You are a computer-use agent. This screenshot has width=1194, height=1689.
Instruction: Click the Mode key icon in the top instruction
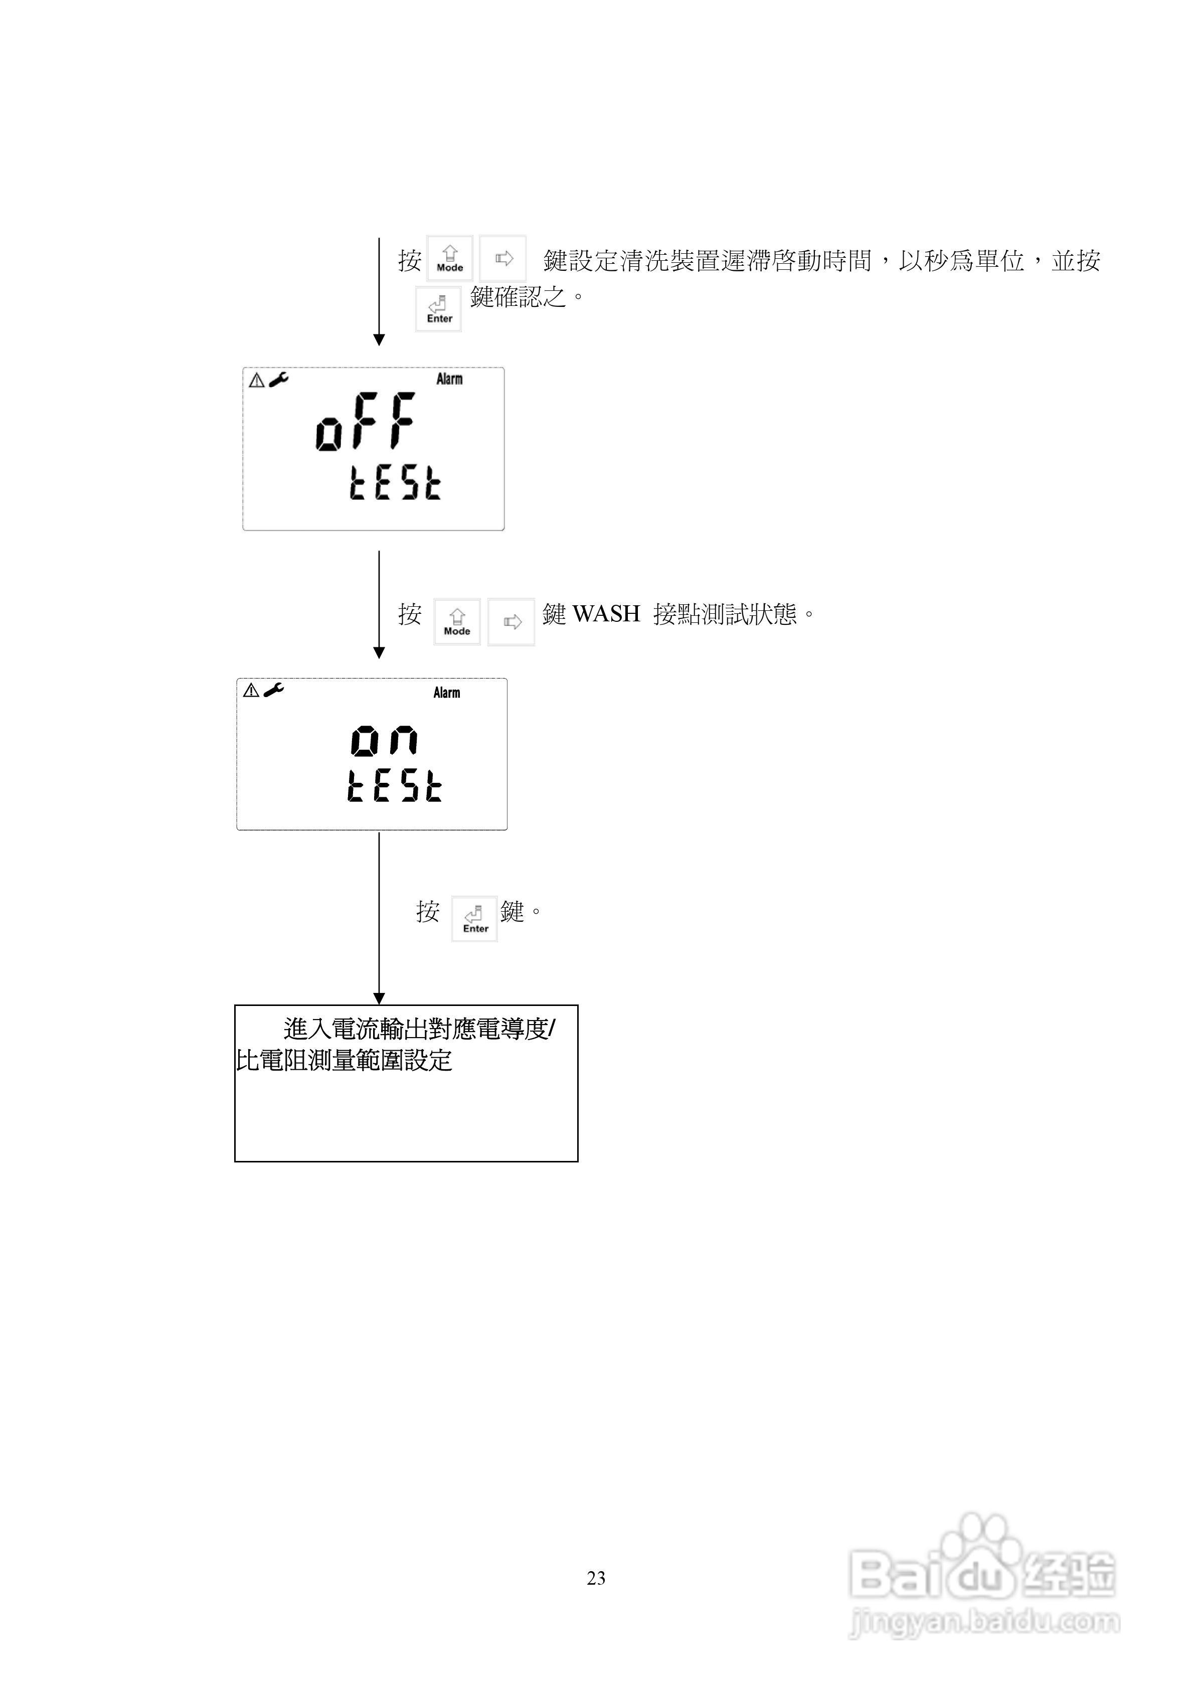pos(449,258)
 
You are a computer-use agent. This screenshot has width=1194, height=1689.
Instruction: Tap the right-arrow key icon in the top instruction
pos(503,258)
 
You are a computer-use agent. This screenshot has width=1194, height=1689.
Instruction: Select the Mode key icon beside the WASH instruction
pos(457,622)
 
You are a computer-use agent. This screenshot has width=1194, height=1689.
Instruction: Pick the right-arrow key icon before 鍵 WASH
pos(512,622)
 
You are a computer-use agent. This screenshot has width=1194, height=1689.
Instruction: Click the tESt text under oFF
pos(395,483)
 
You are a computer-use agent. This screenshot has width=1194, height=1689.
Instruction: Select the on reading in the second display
pos(384,740)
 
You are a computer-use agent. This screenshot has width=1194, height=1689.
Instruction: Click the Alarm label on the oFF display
pos(449,379)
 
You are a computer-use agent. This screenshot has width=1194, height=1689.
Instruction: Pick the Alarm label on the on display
pos(446,693)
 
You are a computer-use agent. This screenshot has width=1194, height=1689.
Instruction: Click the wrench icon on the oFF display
pos(279,379)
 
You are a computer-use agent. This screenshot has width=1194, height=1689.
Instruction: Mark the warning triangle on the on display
pos(251,690)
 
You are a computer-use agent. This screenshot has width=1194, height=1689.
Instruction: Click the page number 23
pos(596,1578)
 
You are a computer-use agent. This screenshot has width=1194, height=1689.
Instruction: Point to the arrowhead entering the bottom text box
pos(379,998)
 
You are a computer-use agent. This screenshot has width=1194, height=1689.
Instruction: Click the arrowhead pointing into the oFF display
pos(379,340)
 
